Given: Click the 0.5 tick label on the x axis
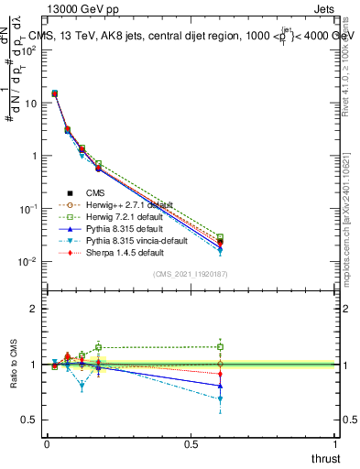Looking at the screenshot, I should (191, 444).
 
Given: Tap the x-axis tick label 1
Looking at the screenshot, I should (335, 444).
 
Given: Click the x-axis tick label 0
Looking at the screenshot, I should (47, 444).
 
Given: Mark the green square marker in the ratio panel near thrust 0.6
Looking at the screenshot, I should (220, 346).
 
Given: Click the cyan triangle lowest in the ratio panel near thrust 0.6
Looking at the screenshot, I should (220, 399).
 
